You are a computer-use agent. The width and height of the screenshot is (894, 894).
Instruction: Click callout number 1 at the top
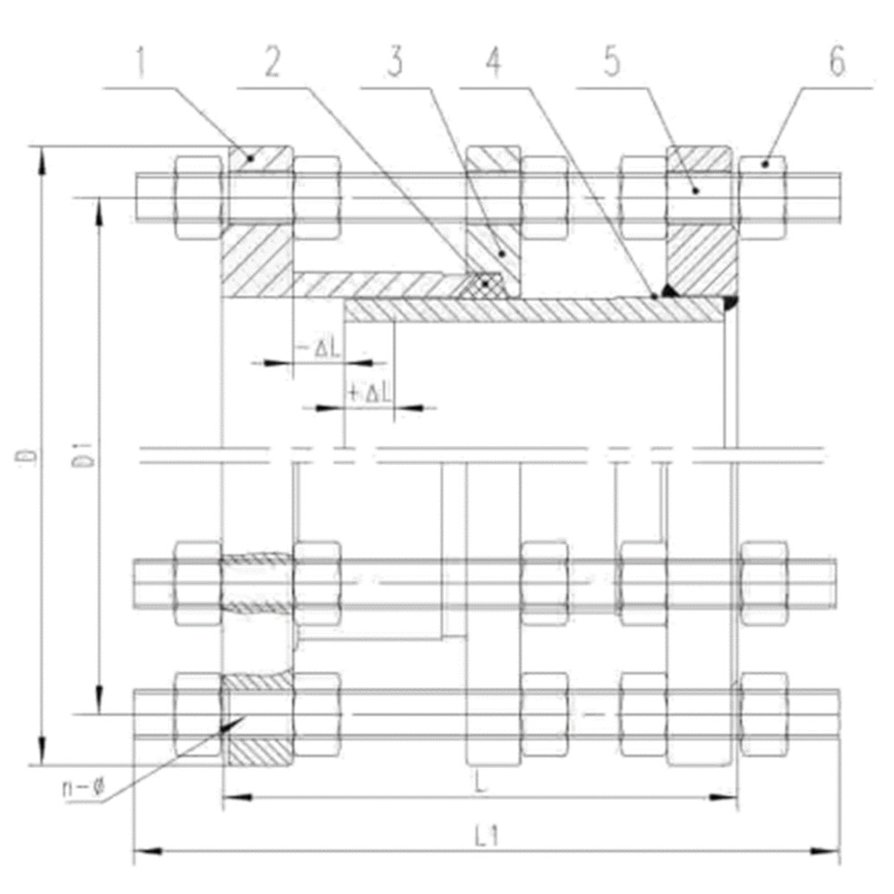point(141,63)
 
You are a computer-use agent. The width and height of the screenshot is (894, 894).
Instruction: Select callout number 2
point(273,63)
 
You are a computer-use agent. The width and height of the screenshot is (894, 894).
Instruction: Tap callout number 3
point(395,63)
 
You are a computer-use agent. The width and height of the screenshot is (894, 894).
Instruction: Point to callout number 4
point(493,63)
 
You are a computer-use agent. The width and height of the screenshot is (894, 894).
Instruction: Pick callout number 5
point(611,63)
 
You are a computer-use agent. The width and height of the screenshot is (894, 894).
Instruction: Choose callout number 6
point(837,63)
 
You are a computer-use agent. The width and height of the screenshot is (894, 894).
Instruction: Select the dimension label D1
point(86,454)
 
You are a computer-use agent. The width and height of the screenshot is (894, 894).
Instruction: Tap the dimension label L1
point(487,836)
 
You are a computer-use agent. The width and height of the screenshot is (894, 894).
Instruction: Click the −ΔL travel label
point(320,349)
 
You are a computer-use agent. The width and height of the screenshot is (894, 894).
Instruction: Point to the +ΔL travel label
point(369,392)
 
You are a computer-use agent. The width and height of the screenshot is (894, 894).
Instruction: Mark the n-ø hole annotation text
point(83,789)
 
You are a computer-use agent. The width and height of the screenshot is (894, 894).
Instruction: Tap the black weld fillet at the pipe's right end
point(730,304)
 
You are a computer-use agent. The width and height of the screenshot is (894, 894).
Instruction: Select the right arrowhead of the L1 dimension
point(826,851)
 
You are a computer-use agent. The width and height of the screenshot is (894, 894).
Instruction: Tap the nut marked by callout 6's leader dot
point(763,198)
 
